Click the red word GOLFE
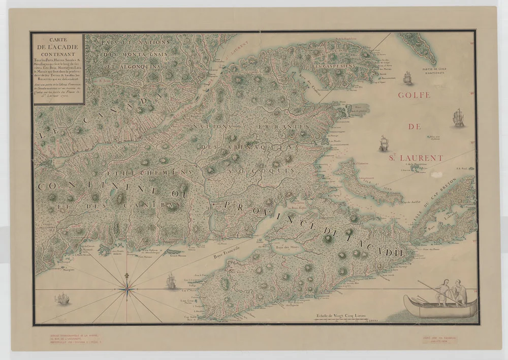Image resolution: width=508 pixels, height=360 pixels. (414, 95)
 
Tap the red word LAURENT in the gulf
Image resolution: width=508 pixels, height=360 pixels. (421, 158)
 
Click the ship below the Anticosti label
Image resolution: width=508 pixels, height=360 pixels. (406, 78)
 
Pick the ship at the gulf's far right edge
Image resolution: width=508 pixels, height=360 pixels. (459, 117)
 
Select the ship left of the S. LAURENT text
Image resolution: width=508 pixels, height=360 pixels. (384, 143)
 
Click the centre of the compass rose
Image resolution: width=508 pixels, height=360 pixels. (125, 290)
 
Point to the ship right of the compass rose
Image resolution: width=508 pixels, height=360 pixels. (171, 281)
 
